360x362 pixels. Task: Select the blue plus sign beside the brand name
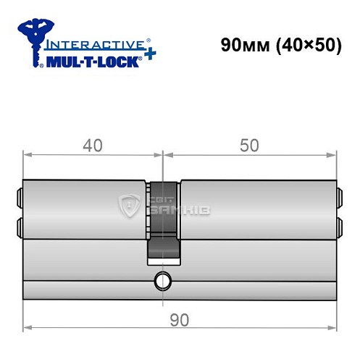tap(148, 58)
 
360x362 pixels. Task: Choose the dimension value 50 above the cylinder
tap(248, 146)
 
